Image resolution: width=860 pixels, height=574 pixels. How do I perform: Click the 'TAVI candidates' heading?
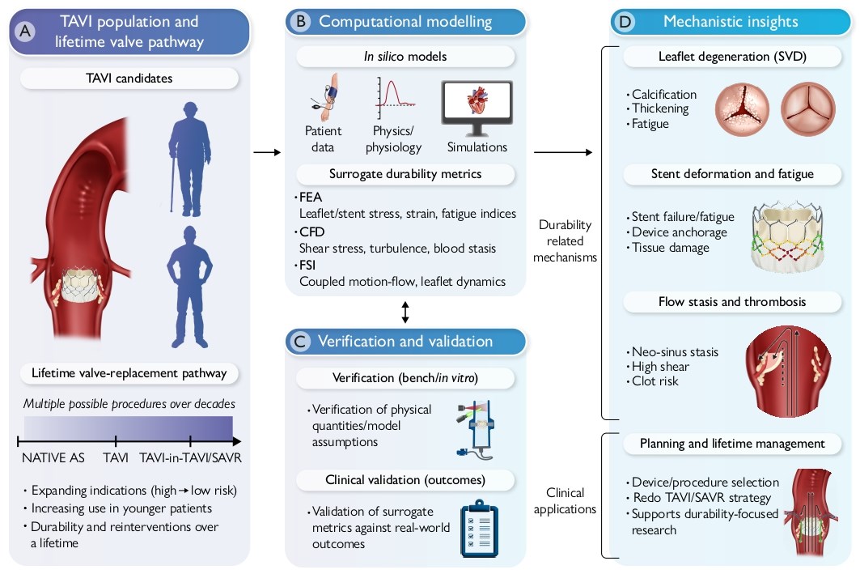tap(129, 79)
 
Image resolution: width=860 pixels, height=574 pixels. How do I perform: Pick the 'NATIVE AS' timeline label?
tap(53, 458)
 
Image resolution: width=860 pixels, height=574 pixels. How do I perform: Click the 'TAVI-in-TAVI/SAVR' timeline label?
tap(190, 458)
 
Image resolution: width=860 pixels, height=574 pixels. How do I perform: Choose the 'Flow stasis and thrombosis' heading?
tap(731, 302)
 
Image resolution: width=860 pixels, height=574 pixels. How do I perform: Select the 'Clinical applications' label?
tap(565, 500)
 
